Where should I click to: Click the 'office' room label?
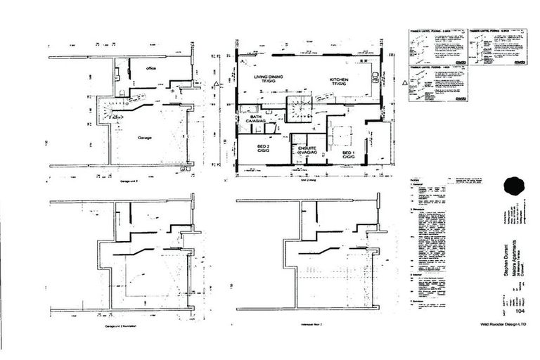point(150,68)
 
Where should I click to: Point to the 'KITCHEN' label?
point(340,82)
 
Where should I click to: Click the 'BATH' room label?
point(249,120)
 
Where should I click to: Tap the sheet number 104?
point(520,310)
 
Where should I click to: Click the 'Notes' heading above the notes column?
point(415,180)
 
